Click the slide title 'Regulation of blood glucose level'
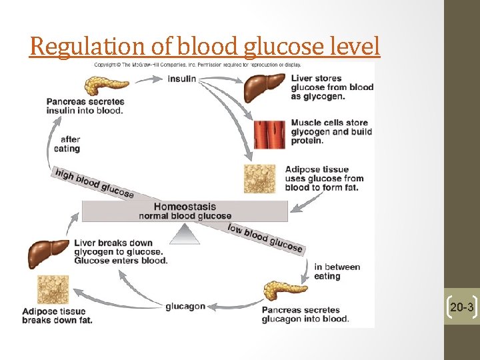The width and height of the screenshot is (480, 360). [x=205, y=47]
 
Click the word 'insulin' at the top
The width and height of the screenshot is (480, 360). [x=182, y=79]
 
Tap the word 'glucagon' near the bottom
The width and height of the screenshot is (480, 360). [x=185, y=306]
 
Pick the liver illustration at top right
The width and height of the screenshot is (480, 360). [x=265, y=88]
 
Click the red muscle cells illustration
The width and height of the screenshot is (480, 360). [x=269, y=133]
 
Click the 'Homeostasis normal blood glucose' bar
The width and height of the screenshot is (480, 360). [x=185, y=211]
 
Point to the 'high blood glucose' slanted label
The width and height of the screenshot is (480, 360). [x=94, y=182]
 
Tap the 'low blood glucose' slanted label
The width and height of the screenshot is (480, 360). [x=265, y=237]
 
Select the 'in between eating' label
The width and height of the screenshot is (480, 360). [x=337, y=271]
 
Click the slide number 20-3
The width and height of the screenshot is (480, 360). [x=462, y=307]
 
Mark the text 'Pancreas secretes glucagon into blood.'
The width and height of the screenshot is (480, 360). [x=305, y=314]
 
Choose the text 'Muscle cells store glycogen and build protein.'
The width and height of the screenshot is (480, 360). [x=331, y=131]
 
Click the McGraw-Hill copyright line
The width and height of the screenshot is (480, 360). [x=197, y=65]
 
